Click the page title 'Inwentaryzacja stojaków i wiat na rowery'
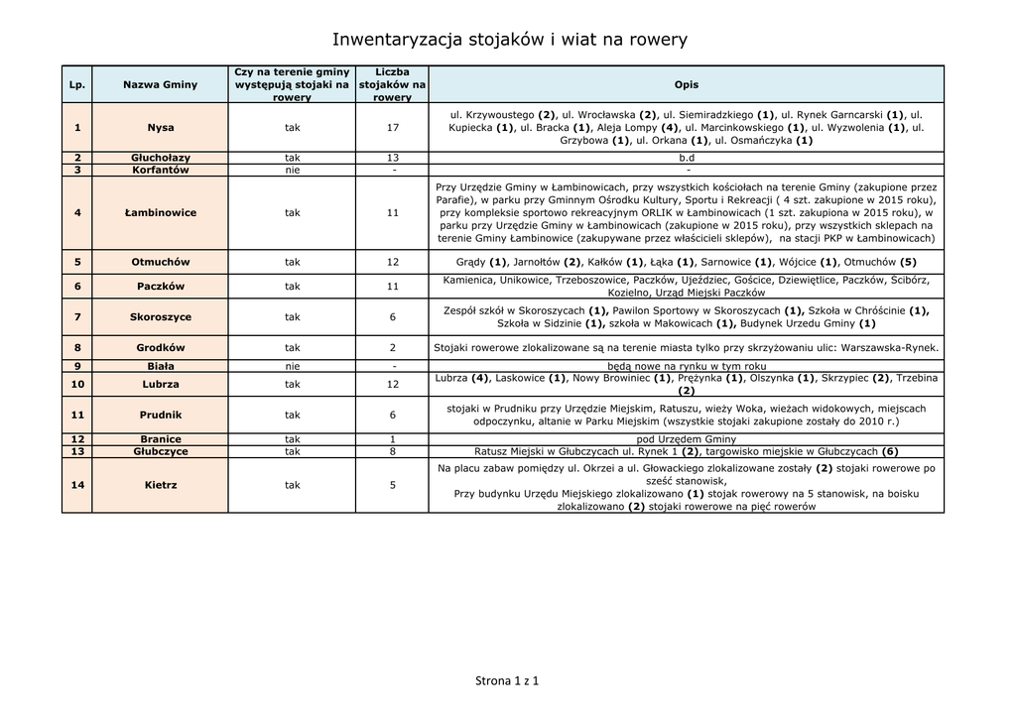[508, 40]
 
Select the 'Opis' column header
[686, 84]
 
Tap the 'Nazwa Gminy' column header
[160, 84]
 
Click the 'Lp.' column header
[76, 84]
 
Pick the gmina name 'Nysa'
[160, 128]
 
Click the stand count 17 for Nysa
[393, 128]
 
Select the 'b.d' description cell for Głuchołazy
[686, 158]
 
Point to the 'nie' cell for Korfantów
[292, 170]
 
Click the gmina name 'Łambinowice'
[160, 212]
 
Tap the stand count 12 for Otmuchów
[393, 262]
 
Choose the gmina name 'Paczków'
[160, 287]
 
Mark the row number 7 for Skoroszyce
[76, 317]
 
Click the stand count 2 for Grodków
[393, 348]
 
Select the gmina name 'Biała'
[160, 366]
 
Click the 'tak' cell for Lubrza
[292, 384]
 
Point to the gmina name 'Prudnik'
[160, 415]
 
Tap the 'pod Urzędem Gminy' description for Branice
[686, 439]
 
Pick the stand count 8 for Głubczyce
[393, 451]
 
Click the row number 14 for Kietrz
[76, 485]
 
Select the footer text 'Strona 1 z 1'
[507, 681]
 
